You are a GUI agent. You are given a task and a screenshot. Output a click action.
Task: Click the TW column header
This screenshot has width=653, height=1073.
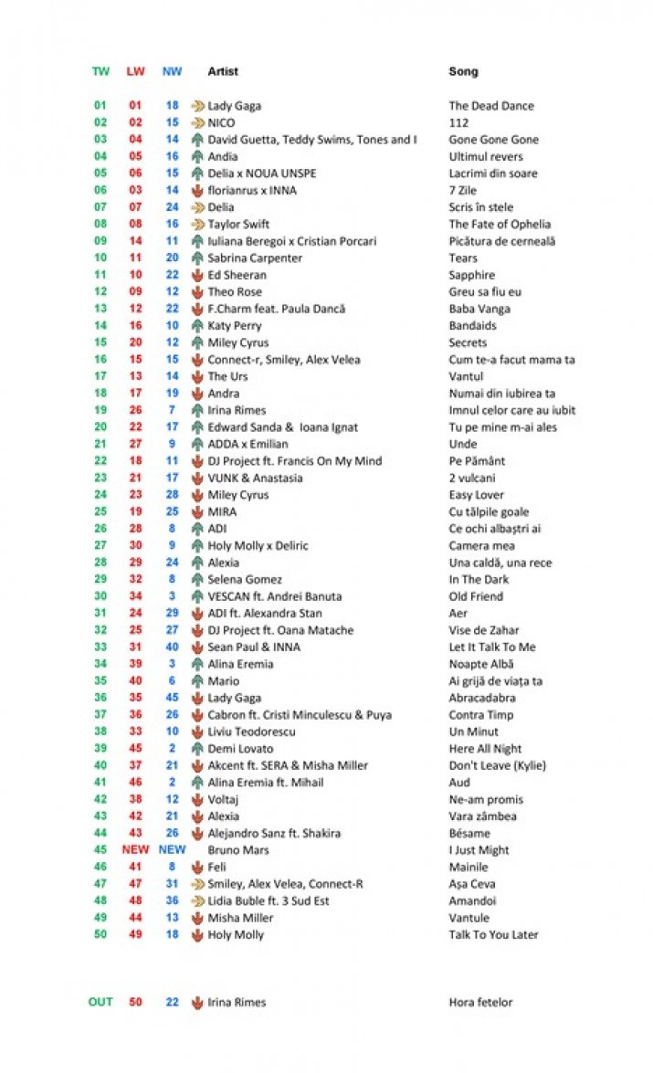[x=100, y=71]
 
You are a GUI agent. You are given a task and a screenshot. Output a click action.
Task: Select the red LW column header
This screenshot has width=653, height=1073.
[x=135, y=71]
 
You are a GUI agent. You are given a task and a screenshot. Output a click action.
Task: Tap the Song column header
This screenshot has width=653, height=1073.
[x=463, y=71]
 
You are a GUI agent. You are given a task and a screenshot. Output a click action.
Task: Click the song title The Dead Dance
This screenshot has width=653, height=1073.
[x=491, y=106]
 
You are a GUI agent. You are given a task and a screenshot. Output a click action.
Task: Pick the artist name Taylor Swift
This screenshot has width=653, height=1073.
[x=238, y=224]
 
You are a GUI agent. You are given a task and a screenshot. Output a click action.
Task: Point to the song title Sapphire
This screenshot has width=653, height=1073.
[x=472, y=275]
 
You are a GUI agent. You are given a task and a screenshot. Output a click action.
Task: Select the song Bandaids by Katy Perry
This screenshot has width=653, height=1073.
[x=474, y=326]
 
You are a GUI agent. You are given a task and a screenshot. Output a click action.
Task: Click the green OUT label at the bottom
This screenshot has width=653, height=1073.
[x=100, y=1002]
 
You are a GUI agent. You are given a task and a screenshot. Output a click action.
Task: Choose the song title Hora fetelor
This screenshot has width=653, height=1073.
[x=480, y=1003]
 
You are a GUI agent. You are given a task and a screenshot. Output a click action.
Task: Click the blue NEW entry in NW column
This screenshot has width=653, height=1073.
[x=172, y=849]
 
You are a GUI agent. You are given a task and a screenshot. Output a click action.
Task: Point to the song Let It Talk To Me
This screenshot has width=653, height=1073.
[x=492, y=647]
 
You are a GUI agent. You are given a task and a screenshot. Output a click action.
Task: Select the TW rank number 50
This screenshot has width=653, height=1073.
[x=100, y=934]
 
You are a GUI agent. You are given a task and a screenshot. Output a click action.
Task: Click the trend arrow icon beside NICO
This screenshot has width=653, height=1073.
[x=197, y=122]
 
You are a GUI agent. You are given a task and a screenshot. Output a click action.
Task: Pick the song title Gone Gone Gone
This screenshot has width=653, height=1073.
[x=493, y=140]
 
